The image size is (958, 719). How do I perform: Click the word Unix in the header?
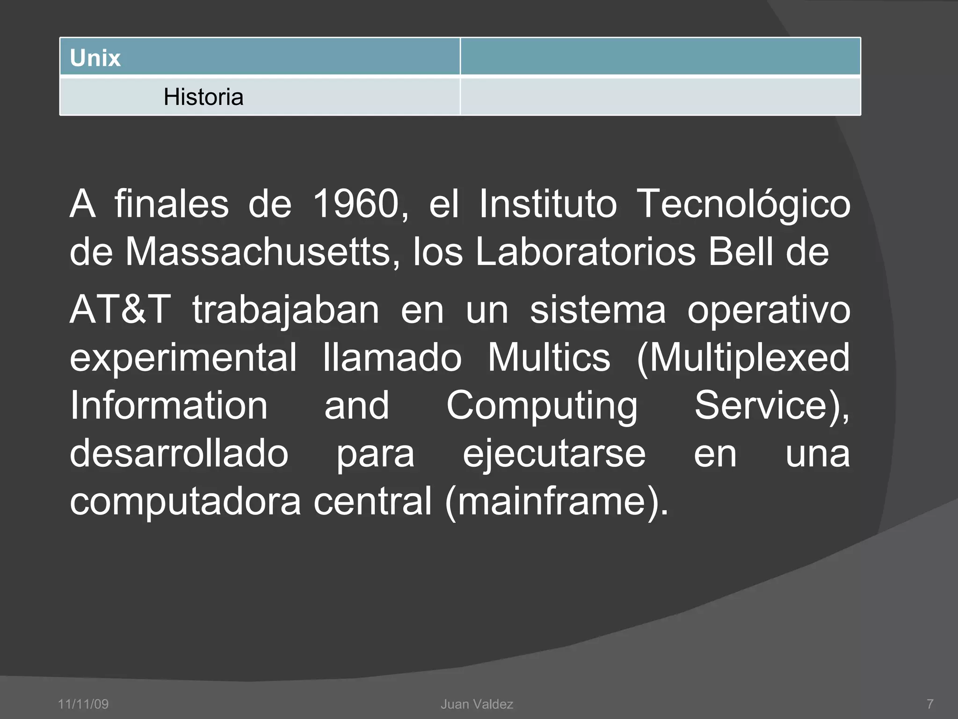[95, 58]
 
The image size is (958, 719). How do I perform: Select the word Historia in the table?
[203, 97]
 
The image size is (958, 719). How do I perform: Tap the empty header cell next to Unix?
[660, 57]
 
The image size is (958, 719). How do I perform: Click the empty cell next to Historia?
[660, 96]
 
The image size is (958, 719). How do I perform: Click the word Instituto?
[548, 204]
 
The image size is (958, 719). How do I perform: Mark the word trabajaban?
[286, 311]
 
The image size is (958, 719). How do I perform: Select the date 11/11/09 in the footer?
[83, 704]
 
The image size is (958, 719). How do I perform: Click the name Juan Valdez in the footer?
[477, 704]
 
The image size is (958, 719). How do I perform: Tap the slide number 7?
[930, 704]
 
